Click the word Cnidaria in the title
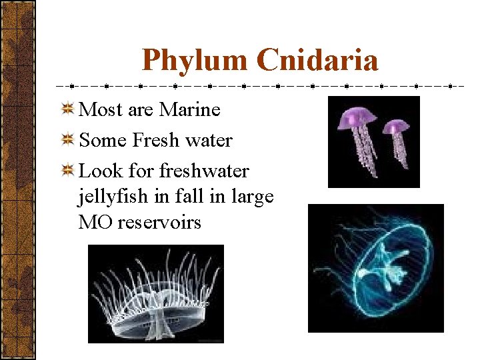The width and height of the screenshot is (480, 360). coord(317,61)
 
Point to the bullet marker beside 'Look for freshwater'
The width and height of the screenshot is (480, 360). coord(67,171)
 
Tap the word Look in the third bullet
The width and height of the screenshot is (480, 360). coord(101,171)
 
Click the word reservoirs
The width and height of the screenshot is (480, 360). coord(159,222)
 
